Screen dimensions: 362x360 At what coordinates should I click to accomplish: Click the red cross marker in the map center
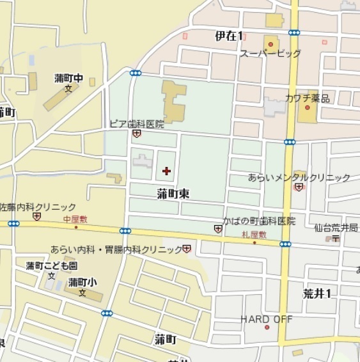coord(167,171)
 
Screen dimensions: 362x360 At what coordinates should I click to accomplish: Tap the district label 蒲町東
coord(173,193)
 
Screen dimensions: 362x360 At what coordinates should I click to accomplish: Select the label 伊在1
coord(229,36)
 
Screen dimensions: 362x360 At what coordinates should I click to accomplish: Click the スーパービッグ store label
coord(270,54)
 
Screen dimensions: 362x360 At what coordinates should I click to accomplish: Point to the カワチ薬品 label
coord(308,98)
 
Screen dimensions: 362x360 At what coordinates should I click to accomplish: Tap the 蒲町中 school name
coord(69,79)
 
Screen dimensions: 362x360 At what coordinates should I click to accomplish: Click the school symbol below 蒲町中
coord(68,90)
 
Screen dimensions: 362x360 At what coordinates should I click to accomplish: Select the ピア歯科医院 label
coord(137,123)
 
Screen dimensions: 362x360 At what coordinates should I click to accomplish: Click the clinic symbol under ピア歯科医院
coord(136,134)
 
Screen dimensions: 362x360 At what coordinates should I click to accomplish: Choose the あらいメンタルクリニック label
coord(299,177)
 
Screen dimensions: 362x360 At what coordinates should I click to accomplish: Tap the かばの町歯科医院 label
coord(259,221)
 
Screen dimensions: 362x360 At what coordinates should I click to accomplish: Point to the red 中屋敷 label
coord(75,219)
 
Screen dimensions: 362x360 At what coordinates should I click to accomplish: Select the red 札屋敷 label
coord(254,235)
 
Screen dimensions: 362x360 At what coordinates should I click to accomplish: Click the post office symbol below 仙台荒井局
coord(334,239)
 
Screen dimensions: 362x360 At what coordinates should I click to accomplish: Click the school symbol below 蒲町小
coord(82,293)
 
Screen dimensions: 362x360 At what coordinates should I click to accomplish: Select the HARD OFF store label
coord(266,319)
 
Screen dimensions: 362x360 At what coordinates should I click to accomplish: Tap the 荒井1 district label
coord(317,293)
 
